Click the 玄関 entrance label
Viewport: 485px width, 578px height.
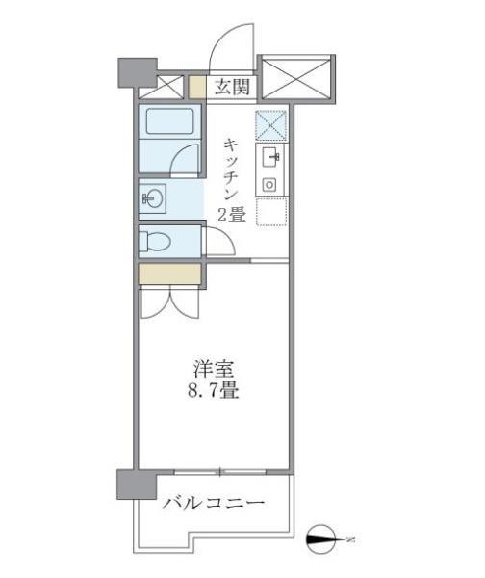coord(233,88)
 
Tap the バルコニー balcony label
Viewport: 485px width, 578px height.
coord(214,503)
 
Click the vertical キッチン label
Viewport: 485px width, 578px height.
coord(232,171)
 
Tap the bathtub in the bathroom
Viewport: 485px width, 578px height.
coord(170,123)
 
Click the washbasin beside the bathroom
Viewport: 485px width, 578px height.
coord(154,199)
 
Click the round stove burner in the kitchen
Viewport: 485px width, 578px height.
coord(270,183)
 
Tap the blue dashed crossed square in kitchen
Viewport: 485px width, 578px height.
coord(270,125)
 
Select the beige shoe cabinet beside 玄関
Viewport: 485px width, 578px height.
coord(197,88)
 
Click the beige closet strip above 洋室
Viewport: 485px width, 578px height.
coord(169,274)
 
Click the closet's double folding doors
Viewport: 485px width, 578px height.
coord(169,302)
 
